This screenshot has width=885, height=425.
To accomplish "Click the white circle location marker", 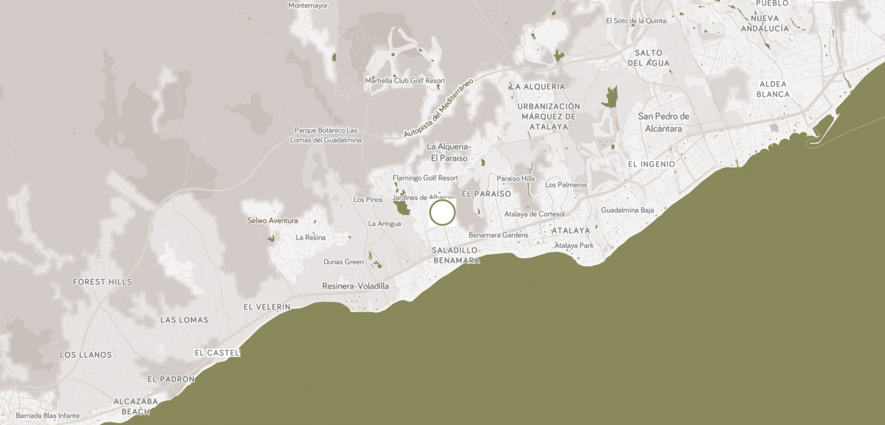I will click(x=442, y=212).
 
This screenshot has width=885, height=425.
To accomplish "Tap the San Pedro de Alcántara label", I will click(x=663, y=122).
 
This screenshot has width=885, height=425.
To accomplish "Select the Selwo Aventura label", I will click(x=272, y=220).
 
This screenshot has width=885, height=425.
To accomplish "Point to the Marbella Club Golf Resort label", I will click(x=405, y=80).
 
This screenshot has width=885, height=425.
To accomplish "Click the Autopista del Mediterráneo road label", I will click(x=438, y=107).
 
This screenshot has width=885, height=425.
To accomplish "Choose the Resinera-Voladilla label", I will click(x=355, y=286).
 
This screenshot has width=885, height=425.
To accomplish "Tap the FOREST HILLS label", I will click(x=103, y=282).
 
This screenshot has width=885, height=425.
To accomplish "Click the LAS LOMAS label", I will click(x=184, y=320).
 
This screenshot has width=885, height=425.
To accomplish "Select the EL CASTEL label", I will click(x=217, y=353).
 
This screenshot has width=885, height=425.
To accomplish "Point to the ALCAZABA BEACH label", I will click(x=136, y=406).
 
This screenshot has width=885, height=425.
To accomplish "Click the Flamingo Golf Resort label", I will click(x=426, y=178).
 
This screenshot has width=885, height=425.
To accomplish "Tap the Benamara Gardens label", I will click(x=499, y=235).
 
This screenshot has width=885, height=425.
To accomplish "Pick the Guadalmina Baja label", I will click(x=628, y=210).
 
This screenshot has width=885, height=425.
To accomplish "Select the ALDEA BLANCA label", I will click(x=774, y=89).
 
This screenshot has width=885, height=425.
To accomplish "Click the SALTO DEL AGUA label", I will click(x=649, y=58).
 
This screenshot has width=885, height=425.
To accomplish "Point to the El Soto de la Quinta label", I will click(x=636, y=21).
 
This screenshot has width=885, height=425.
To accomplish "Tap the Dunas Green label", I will click(x=343, y=262).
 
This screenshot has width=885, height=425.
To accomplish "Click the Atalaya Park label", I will click(x=574, y=245).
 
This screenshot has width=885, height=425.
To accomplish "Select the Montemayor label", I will click(x=308, y=5).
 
